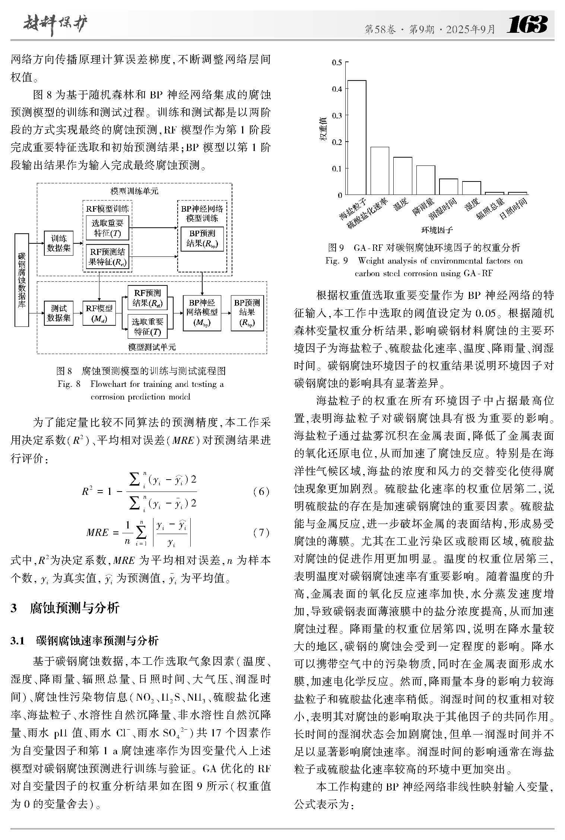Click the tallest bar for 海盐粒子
(x=356, y=138)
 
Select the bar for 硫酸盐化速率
(x=380, y=171)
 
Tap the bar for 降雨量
(x=426, y=180)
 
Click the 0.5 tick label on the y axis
(x=336, y=62)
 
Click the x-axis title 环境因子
(x=437, y=230)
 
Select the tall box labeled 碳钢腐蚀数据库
(x=22, y=280)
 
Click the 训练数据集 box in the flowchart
(x=58, y=243)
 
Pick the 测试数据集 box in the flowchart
(x=58, y=313)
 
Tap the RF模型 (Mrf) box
(x=99, y=313)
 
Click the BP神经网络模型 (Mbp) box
(x=202, y=313)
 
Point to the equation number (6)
(x=261, y=492)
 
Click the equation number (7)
(x=261, y=533)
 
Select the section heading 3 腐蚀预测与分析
(x=65, y=608)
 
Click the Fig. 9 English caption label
(x=336, y=260)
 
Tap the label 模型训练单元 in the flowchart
(x=134, y=191)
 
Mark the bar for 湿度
(x=472, y=188)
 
